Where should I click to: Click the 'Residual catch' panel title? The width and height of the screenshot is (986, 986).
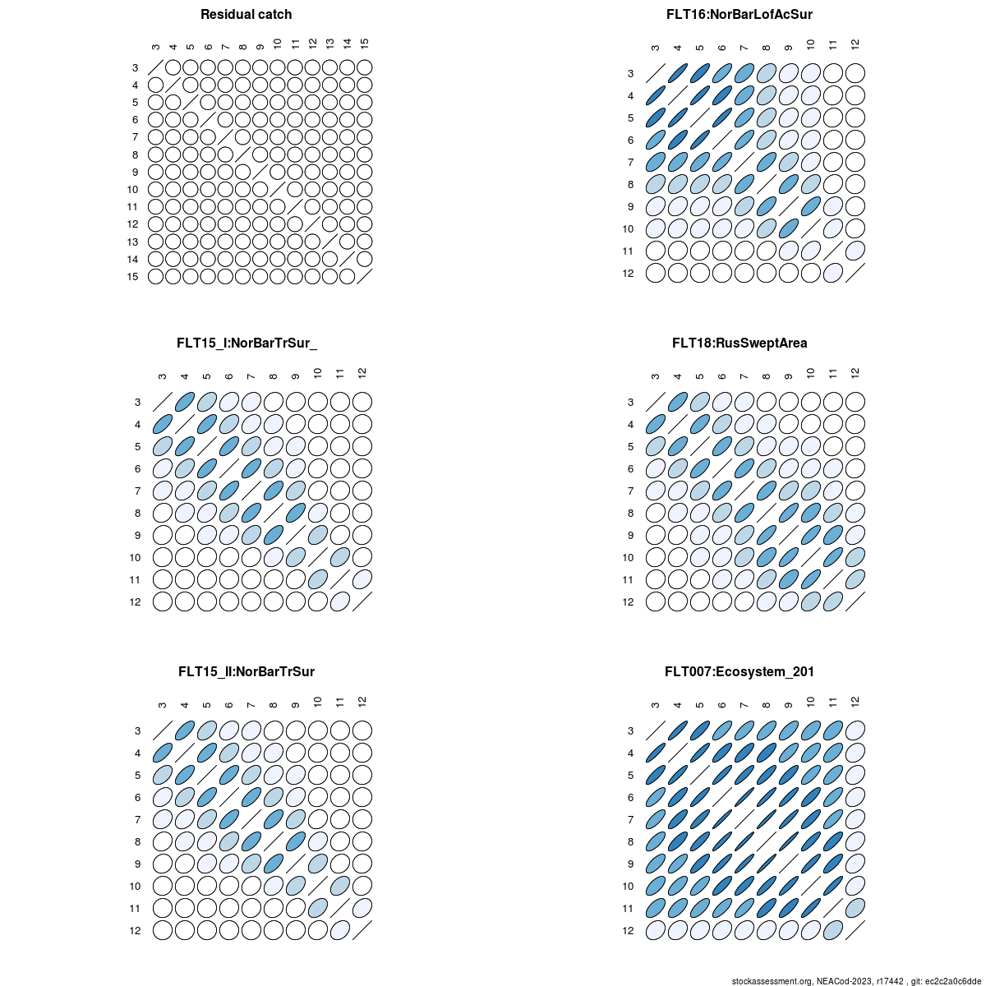[246, 15]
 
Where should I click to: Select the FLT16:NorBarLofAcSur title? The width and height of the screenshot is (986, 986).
[739, 15]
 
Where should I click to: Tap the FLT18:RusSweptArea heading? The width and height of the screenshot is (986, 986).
[739, 343]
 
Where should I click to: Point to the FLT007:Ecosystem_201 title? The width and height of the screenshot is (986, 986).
[739, 672]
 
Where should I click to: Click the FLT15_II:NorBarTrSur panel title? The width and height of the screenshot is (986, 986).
[246, 672]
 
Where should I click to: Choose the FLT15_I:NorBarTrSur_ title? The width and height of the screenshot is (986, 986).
[246, 343]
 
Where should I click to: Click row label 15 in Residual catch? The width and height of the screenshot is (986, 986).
[132, 277]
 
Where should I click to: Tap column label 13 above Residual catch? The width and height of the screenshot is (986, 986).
[329, 43]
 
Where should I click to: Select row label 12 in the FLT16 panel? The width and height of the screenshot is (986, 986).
[629, 274]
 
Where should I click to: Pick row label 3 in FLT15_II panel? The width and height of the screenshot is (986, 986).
[137, 731]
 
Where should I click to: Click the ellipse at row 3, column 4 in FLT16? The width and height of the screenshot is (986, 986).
[678, 74]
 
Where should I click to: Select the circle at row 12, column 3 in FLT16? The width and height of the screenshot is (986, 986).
[656, 273]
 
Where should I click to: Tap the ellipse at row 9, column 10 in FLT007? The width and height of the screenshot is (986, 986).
[811, 864]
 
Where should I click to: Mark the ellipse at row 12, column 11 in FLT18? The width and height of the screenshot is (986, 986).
[833, 601]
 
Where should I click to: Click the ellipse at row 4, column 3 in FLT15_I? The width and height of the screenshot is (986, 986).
[163, 424]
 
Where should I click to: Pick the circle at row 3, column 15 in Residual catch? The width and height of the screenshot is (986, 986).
[365, 67]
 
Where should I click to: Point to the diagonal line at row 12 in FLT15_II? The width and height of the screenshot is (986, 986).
[362, 930]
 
